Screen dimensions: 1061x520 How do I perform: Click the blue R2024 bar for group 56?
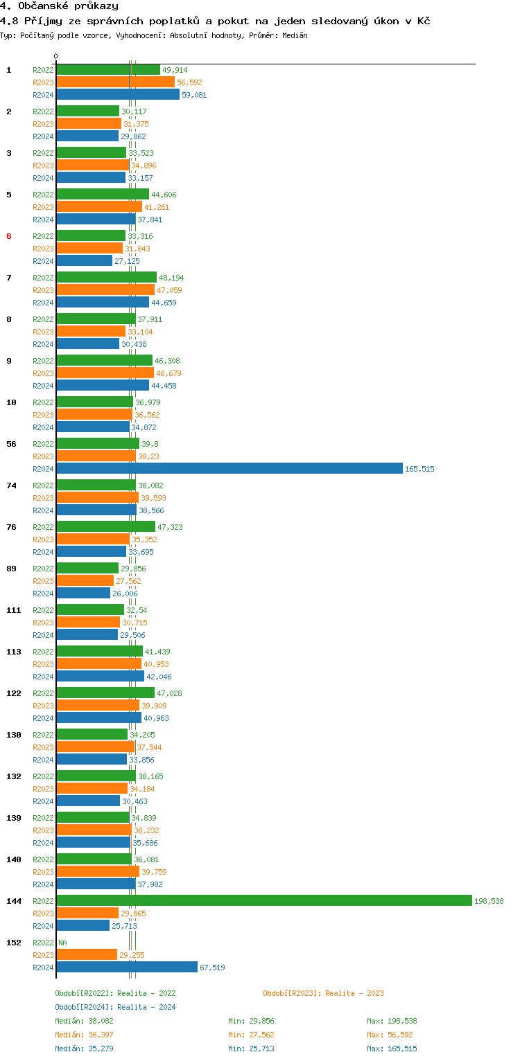click(x=229, y=469)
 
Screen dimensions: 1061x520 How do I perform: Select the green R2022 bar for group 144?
click(x=263, y=900)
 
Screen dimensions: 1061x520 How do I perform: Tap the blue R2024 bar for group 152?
click(x=126, y=967)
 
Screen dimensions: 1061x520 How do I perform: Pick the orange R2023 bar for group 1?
click(x=115, y=82)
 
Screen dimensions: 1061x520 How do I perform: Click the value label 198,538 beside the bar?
click(x=489, y=901)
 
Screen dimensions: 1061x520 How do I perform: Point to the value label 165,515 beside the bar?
click(x=419, y=469)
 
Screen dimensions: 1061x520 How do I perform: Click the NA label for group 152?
click(x=62, y=943)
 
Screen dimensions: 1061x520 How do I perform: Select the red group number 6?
click(x=9, y=236)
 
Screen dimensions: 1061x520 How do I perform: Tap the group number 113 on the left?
click(x=13, y=652)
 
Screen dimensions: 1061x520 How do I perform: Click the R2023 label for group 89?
click(x=43, y=581)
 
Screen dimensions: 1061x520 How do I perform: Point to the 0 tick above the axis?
click(x=56, y=56)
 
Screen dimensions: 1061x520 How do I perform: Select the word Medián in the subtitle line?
click(x=295, y=35)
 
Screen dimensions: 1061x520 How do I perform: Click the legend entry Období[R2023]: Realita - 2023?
click(x=323, y=993)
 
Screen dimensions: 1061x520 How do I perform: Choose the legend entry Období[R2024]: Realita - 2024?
click(x=115, y=1007)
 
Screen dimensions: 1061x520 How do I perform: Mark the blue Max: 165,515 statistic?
click(x=392, y=1049)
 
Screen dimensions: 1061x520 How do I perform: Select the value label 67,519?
click(x=212, y=968)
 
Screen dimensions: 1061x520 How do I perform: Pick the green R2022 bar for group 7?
click(x=106, y=277)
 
